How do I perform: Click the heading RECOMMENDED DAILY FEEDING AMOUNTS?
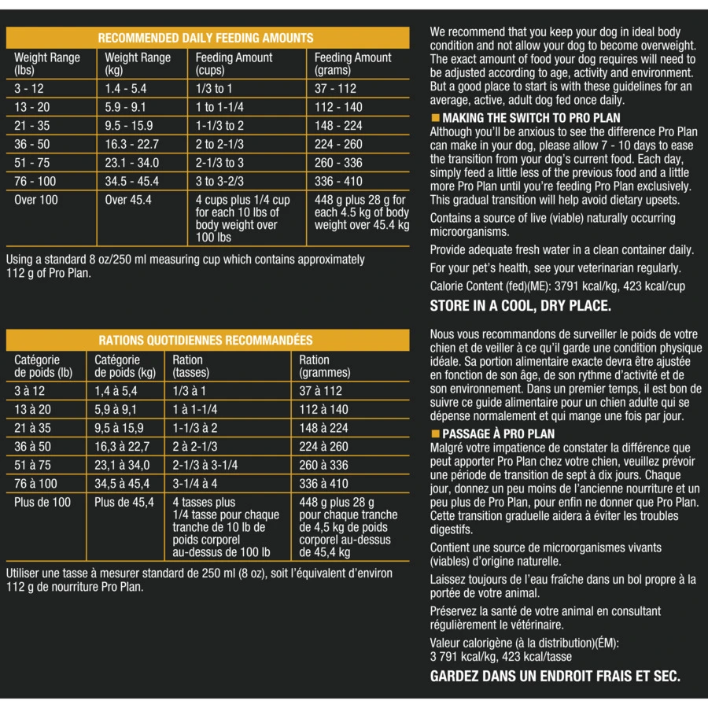(x=205, y=38)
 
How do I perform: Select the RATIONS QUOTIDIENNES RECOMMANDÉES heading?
(x=205, y=341)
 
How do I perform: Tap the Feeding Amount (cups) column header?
(x=234, y=64)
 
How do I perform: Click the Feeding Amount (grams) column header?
(x=352, y=64)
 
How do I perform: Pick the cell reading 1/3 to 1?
(x=214, y=89)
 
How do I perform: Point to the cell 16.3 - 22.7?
(x=132, y=144)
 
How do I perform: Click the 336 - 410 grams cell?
(x=338, y=181)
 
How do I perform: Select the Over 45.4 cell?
(x=128, y=200)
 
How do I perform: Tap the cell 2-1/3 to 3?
(x=219, y=163)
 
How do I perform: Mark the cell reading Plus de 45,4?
(x=124, y=502)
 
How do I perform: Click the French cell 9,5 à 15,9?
(x=119, y=428)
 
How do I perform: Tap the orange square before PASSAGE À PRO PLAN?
(x=434, y=433)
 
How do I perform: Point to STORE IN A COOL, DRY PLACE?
(x=520, y=306)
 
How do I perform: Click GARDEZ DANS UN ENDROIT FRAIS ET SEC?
(x=555, y=676)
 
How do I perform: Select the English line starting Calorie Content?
(x=557, y=286)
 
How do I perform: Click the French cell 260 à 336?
(x=323, y=465)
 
